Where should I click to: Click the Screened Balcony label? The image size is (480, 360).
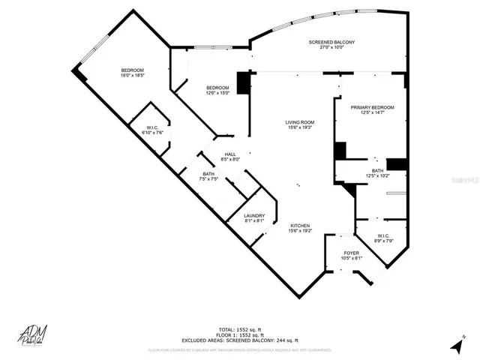point(331,42)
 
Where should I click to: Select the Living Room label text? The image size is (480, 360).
point(298,122)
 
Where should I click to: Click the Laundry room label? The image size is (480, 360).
point(254,216)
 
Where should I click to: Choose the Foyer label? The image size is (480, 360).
point(351,253)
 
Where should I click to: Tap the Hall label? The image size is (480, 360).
point(230,154)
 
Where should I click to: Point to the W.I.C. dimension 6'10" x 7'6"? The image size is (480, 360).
point(152,133)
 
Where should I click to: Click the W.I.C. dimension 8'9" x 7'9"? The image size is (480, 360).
point(383,241)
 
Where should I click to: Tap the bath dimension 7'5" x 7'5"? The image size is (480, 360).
point(208,179)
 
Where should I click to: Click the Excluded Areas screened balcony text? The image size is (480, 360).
point(240,340)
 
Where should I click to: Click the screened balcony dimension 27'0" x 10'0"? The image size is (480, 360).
point(331,47)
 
